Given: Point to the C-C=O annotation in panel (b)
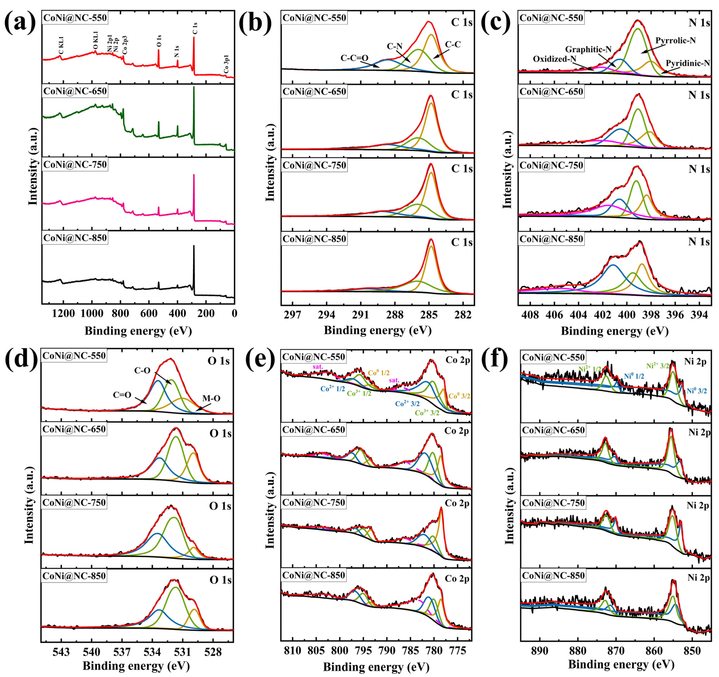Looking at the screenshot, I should (354, 58).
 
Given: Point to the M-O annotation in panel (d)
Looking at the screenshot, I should (211, 398).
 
